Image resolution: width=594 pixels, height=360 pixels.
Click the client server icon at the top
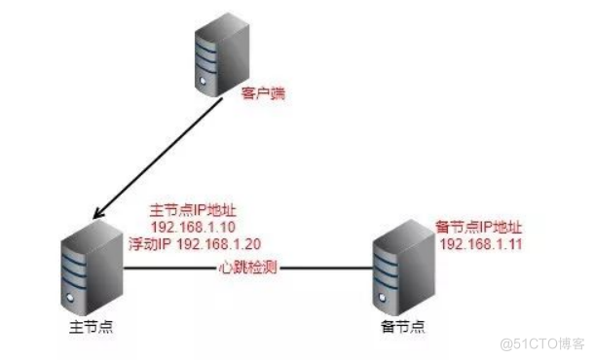tap(217, 64)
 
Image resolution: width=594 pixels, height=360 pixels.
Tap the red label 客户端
tap(260, 98)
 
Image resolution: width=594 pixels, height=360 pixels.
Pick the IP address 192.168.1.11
tap(483, 243)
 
